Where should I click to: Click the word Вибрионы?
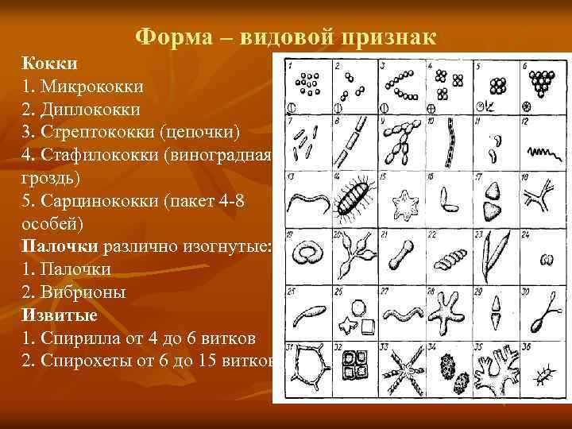click(82, 292)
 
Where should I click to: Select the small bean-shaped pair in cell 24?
click(543, 258)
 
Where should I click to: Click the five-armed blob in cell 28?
click(446, 311)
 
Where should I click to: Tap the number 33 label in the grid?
click(385, 346)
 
